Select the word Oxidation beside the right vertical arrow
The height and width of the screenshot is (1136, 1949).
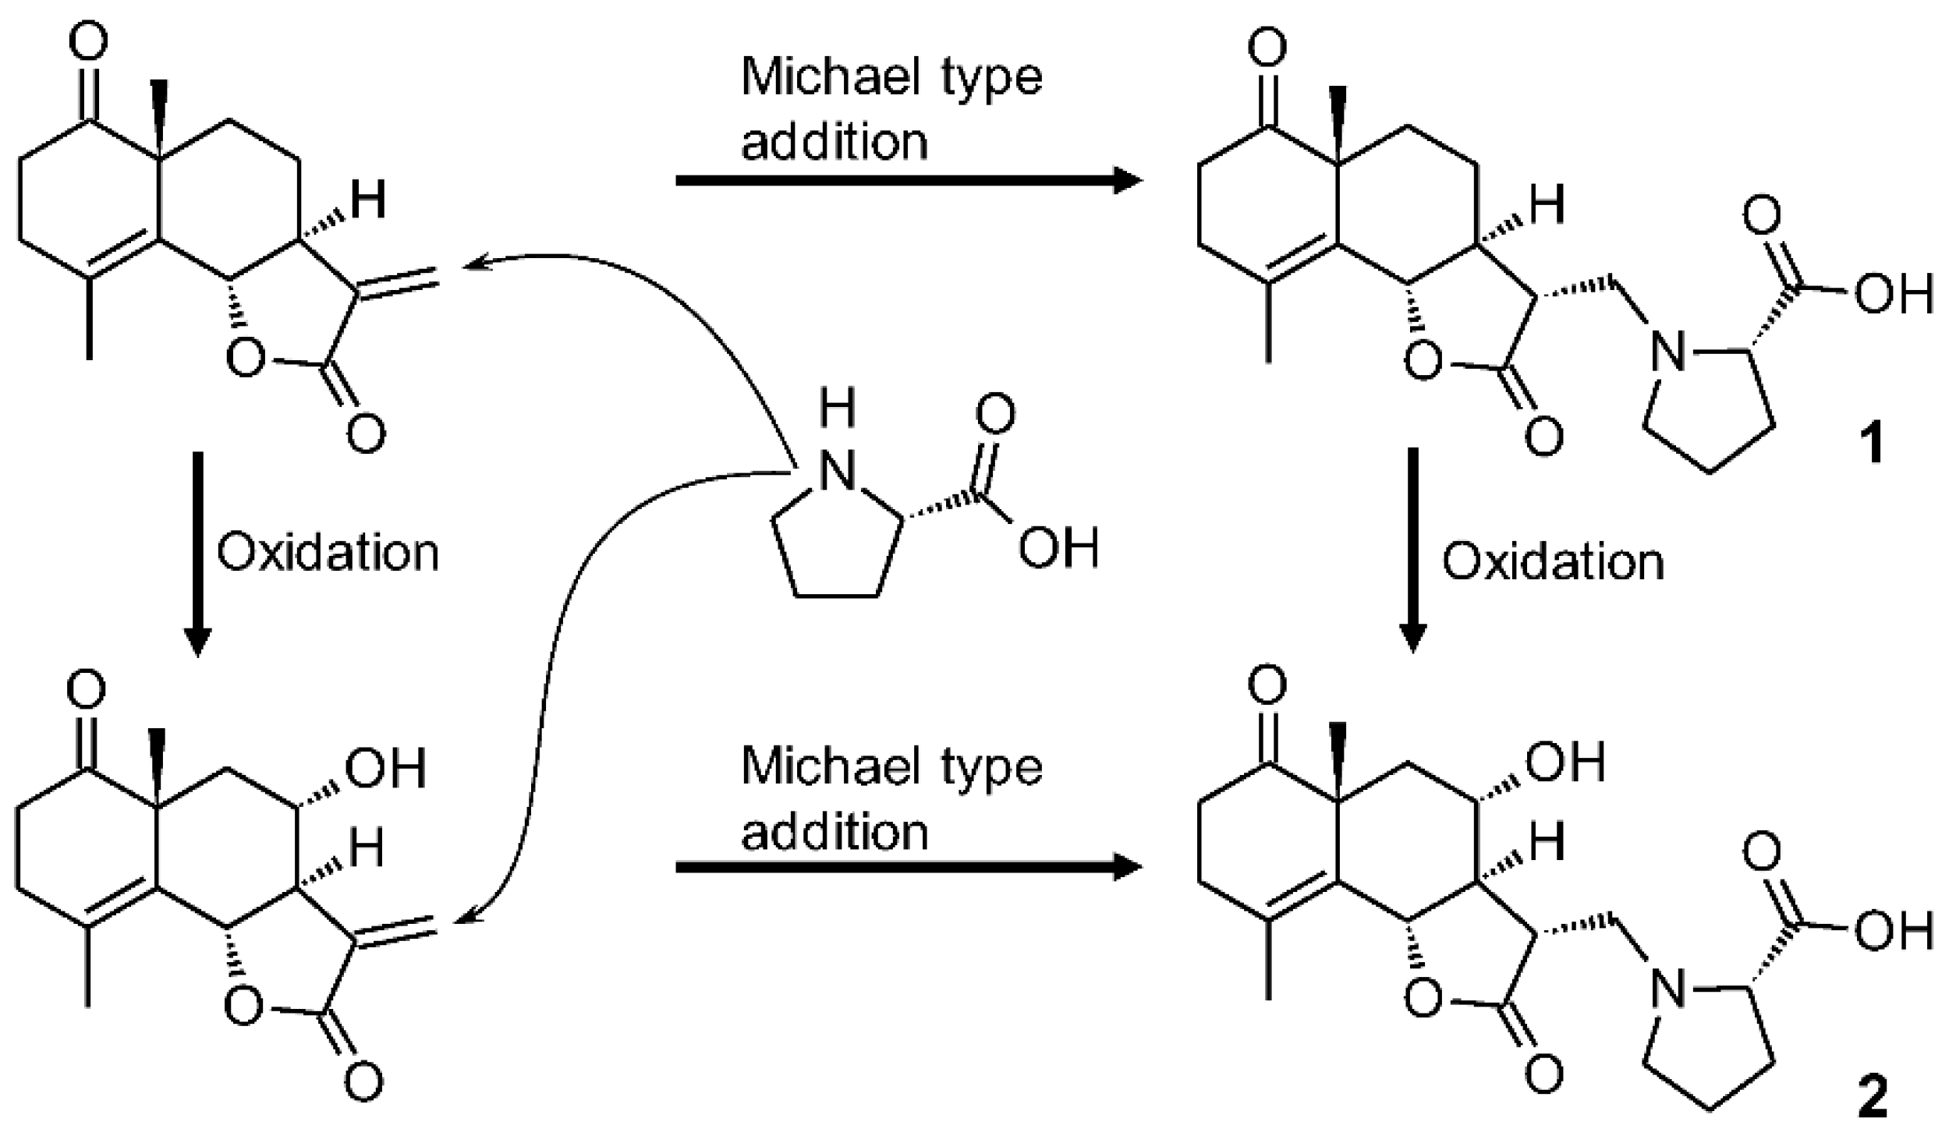point(1553,561)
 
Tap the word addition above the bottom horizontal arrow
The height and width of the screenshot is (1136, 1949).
point(835,832)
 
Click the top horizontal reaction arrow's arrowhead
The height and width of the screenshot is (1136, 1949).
point(1127,180)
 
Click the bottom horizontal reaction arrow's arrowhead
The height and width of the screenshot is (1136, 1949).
point(1127,867)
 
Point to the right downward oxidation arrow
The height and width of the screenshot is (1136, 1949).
point(1412,549)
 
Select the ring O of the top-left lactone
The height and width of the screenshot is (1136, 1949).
point(245,358)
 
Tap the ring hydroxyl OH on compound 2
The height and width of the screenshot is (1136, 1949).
point(1565,762)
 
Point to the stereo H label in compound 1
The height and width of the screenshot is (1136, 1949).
point(1547,204)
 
